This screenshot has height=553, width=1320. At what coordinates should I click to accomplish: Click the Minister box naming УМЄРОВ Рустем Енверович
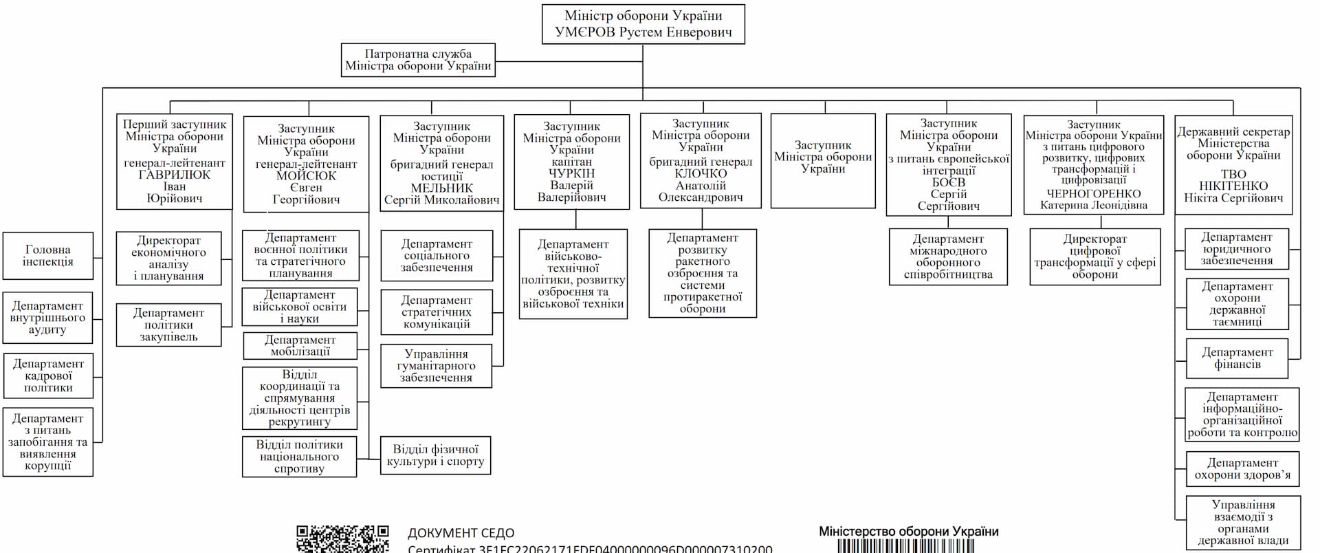tap(643, 24)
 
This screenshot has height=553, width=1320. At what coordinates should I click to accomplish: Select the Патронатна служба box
tap(418, 60)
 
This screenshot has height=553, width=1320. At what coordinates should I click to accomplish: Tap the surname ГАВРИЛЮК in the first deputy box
tap(174, 175)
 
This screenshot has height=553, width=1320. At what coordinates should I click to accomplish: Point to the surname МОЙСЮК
tap(306, 176)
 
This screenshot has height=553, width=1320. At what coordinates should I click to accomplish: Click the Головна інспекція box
tap(47, 256)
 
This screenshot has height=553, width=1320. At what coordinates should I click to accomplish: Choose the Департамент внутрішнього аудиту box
tap(47, 318)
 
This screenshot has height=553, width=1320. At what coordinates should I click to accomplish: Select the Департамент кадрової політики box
tap(47, 376)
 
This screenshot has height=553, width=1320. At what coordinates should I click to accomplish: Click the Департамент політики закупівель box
tap(168, 325)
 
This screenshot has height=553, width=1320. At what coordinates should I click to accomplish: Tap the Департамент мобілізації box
tap(300, 345)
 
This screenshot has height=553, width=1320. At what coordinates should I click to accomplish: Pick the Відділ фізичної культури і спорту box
tap(435, 455)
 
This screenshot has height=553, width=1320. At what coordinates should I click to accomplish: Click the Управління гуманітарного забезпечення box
tap(436, 366)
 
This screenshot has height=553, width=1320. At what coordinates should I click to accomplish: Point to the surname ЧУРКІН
tap(571, 173)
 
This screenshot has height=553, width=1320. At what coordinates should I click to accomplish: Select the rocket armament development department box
tap(702, 273)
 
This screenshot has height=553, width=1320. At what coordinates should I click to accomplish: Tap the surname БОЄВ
tap(948, 182)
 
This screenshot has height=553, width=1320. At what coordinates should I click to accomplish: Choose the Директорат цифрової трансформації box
tap(1094, 257)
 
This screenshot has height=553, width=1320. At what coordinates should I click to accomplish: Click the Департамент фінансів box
tap(1237, 358)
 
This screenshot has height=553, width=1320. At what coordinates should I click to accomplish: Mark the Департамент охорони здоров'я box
tap(1242, 468)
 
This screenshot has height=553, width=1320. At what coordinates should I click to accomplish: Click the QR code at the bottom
tap(342, 539)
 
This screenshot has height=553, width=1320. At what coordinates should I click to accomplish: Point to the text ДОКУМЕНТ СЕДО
tap(461, 533)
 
